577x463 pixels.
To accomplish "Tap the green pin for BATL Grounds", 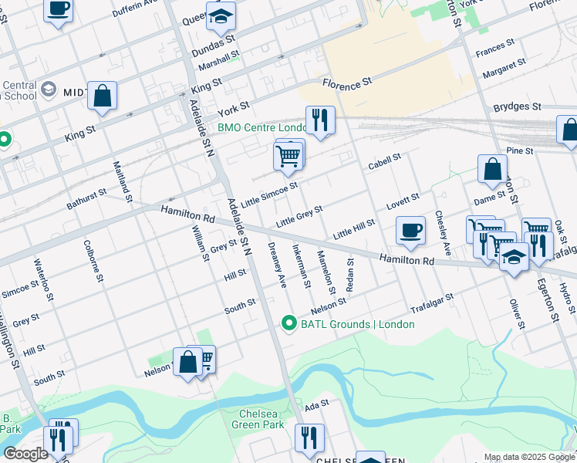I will [x=289, y=323].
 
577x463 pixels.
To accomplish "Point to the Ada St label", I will [x=316, y=404].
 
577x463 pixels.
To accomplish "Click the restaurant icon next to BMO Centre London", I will [x=319, y=120].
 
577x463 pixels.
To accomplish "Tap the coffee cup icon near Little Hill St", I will [x=410, y=229].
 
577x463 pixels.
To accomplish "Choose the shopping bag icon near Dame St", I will [x=491, y=169].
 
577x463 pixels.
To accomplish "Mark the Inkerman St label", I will [x=301, y=266].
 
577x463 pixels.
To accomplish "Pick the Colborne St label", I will [x=94, y=260].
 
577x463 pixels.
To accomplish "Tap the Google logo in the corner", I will [x=25, y=454].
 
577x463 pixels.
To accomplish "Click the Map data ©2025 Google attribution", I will [x=529, y=458].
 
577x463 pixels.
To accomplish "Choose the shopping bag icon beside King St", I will [x=102, y=96].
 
